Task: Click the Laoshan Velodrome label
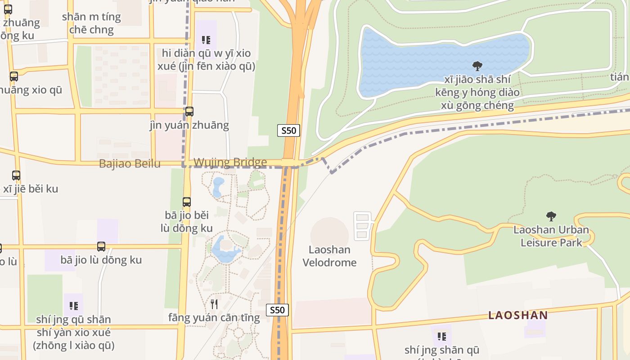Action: coord(329,256)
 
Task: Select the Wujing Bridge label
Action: coord(230,162)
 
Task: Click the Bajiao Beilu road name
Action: coord(130,164)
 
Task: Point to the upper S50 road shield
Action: coord(288,130)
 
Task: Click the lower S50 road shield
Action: coord(277,310)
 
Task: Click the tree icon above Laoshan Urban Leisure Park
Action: coord(551,216)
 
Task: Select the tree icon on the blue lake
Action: coord(477,67)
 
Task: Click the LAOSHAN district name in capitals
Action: coord(518,315)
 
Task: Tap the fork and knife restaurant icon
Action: coord(214,304)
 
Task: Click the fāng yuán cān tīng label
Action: coord(214,318)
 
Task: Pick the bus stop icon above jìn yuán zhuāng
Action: coord(189,111)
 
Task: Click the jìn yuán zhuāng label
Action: coord(189,125)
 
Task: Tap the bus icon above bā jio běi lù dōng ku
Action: coord(187,202)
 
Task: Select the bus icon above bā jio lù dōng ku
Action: coord(101,247)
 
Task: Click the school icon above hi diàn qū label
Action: coord(206,40)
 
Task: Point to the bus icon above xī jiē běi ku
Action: coord(16,175)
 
